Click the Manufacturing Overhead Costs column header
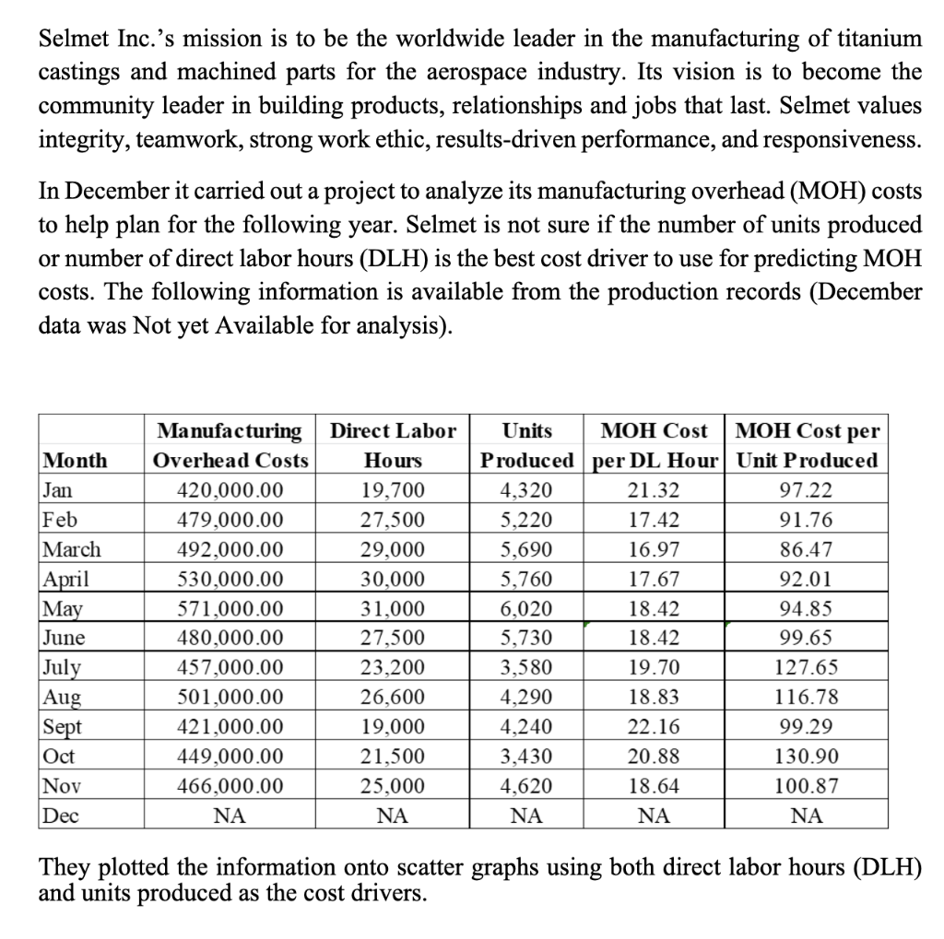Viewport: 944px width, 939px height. coord(230,445)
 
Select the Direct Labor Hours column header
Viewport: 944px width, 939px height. coord(394,445)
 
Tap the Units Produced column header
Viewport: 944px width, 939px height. coord(526,445)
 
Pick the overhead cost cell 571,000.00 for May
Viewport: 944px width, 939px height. coord(230,608)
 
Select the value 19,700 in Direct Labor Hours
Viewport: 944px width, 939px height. coord(394,489)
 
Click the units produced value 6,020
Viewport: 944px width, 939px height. coord(526,608)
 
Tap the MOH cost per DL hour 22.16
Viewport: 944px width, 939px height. coord(652,727)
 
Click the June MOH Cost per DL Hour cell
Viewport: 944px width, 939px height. coord(652,638)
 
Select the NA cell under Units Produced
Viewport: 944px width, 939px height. coord(526,816)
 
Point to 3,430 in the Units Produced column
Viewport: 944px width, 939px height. coord(526,757)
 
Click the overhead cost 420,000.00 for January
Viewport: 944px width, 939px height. coord(230,489)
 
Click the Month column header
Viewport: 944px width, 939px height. coord(76,460)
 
